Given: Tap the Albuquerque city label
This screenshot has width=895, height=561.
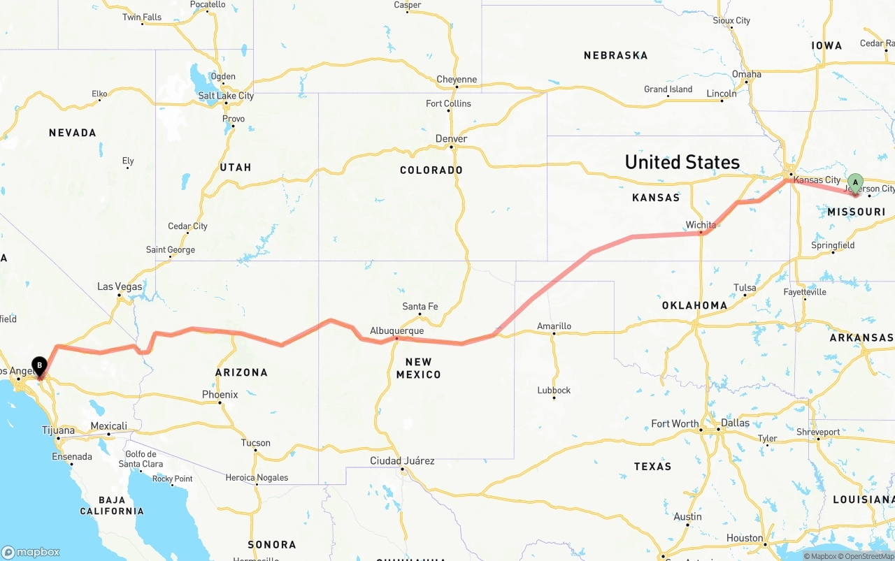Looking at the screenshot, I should click(x=396, y=330).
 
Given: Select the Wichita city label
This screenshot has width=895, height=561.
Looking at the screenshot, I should click(x=701, y=225).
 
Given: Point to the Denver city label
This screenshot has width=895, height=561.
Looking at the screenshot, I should click(x=451, y=138).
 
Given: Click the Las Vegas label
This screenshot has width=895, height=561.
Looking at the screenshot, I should click(x=120, y=286).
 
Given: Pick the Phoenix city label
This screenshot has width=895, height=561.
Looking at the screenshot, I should click(x=220, y=395).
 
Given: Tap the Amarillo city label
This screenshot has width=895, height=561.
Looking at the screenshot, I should click(x=554, y=326).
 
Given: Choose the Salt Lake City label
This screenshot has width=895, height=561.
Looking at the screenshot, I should click(x=226, y=96).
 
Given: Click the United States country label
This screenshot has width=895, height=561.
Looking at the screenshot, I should click(x=682, y=162).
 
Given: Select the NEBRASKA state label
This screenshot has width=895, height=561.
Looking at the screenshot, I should click(x=615, y=55).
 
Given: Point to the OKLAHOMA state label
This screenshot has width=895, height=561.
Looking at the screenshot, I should click(x=694, y=305).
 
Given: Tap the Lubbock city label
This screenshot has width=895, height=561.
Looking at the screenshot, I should click(x=554, y=390).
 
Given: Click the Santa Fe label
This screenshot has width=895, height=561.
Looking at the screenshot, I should click(x=420, y=307).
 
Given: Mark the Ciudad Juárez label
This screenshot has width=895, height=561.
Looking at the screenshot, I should click(x=402, y=460).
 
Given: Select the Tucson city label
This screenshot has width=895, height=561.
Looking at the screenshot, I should click(x=255, y=442).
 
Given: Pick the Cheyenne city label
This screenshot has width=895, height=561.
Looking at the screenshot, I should click(x=457, y=80).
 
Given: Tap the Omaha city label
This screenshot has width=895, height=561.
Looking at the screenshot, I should click(x=747, y=74).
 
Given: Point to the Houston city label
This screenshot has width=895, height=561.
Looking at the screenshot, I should click(x=745, y=538).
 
